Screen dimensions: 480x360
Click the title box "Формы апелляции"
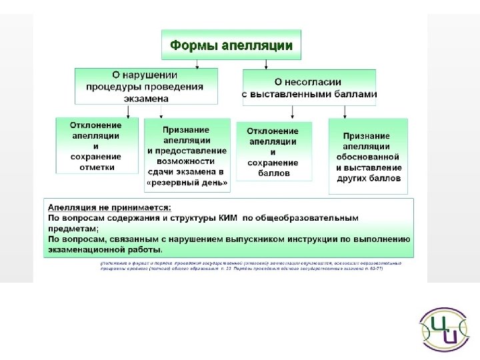pos(231,45)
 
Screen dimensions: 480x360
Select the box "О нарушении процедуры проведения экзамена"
pos(146,85)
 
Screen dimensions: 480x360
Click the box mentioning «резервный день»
pos(187,155)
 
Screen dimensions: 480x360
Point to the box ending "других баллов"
pos(368,156)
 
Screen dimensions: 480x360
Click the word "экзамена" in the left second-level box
pos(146,98)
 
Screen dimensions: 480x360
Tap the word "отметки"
pos(97,167)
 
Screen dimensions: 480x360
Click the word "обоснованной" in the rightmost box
pos(368,157)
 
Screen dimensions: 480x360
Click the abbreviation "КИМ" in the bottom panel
pos(227,218)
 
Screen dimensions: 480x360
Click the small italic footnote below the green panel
pos(250,266)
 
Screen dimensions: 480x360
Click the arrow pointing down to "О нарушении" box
pos(197,64)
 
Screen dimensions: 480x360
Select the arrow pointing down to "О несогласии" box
pos(266,65)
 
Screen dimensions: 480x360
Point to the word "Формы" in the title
pos(190,45)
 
